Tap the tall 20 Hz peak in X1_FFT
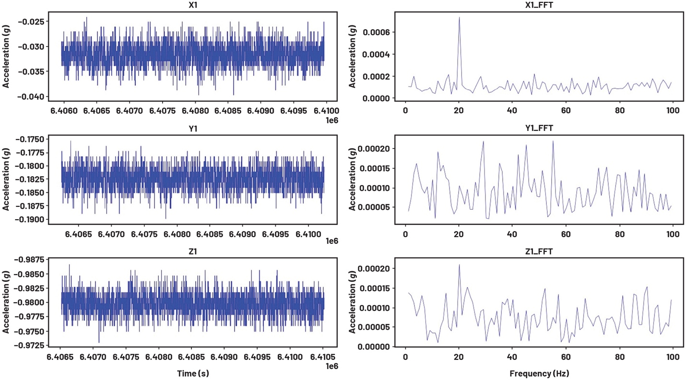click(459, 18)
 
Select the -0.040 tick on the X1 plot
click(34, 97)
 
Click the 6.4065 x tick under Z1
click(60, 358)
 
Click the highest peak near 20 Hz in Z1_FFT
click(459, 265)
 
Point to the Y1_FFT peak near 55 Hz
click(553, 142)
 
